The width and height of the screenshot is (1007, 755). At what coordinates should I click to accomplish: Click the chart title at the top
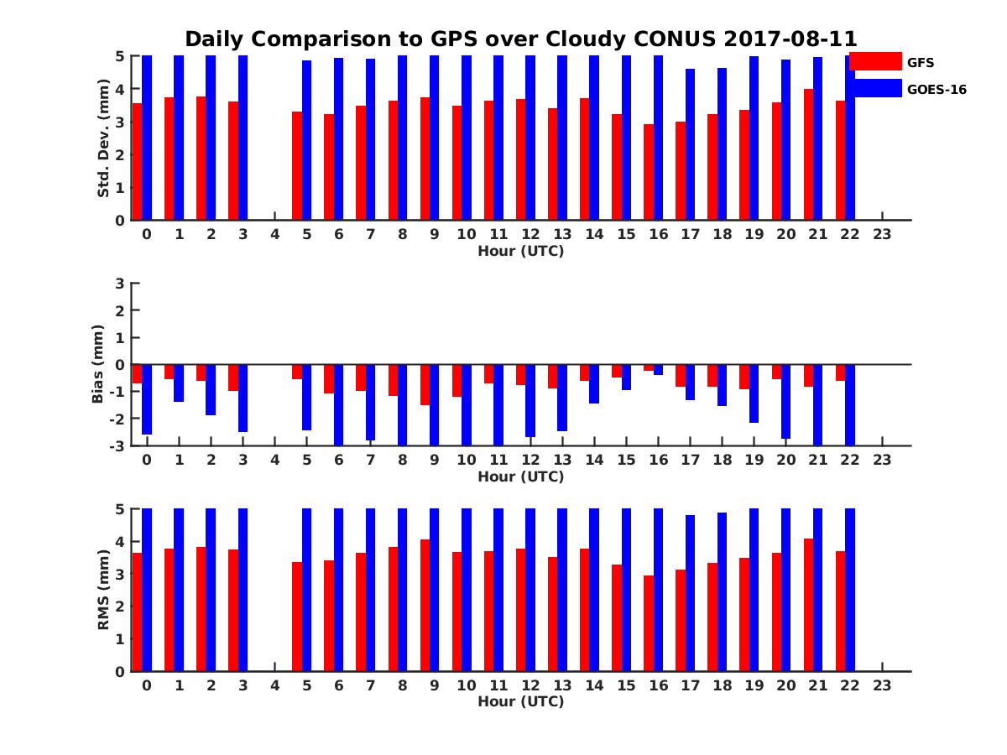[520, 39]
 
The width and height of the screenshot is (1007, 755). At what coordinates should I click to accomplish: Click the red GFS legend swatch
[874, 61]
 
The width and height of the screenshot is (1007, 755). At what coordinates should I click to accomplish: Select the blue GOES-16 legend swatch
[874, 88]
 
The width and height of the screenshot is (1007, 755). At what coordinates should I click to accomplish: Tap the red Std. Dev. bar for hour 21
[809, 154]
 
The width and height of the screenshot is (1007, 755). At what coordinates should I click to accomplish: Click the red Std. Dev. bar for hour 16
[649, 172]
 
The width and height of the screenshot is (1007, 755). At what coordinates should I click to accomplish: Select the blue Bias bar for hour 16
[658, 370]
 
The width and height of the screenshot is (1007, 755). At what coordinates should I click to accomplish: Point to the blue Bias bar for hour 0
[147, 399]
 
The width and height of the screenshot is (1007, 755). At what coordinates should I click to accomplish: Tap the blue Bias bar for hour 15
[626, 377]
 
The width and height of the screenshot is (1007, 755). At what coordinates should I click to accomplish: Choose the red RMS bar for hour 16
[649, 623]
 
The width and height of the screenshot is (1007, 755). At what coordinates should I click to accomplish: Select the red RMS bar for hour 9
[425, 605]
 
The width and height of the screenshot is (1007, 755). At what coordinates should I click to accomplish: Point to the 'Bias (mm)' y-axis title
[98, 364]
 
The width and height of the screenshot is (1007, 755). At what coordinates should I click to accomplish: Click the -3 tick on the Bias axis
[117, 445]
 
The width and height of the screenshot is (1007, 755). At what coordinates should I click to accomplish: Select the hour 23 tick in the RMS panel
[881, 685]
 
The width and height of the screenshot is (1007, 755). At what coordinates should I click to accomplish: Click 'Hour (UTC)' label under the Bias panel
[520, 476]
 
